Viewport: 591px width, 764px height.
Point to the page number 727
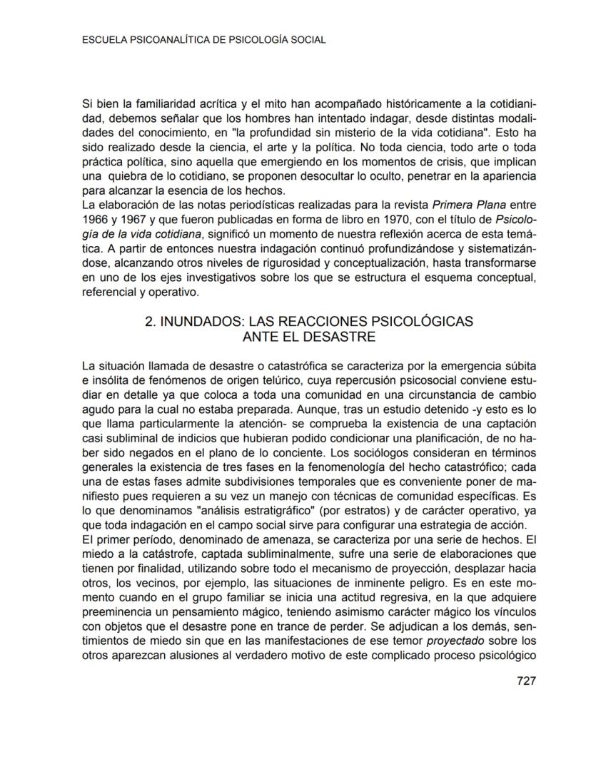526,680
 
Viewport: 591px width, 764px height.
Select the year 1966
96,215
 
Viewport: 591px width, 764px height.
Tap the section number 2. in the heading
151,321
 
